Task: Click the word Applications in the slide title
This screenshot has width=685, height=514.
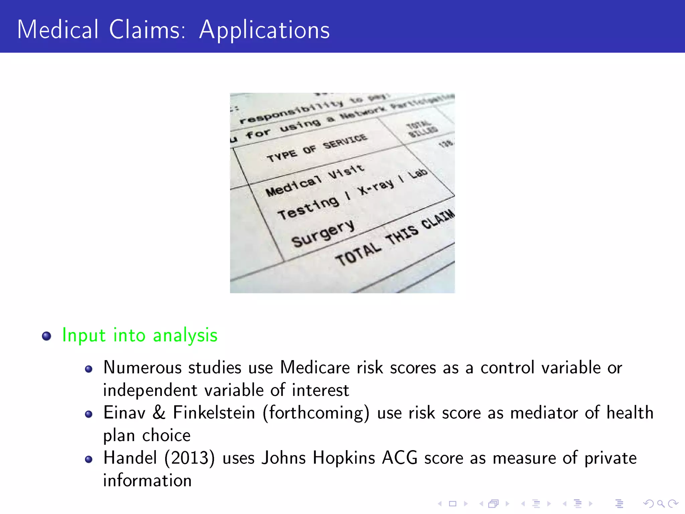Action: click(264, 30)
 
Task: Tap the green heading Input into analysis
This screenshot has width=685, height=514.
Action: click(140, 335)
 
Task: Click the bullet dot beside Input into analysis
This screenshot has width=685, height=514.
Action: click(46, 336)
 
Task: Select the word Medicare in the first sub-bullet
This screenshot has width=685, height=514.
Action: click(315, 367)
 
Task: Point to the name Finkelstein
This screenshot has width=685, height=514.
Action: click(214, 413)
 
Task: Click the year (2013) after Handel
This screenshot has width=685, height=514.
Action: click(189, 458)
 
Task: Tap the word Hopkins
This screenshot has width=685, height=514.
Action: click(344, 458)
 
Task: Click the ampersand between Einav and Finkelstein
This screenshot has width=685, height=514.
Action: click(159, 413)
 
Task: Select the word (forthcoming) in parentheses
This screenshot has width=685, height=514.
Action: click(316, 413)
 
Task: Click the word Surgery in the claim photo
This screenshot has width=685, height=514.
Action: click(323, 234)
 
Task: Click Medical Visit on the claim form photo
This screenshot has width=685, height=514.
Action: click(315, 181)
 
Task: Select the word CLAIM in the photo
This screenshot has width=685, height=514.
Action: click(438, 219)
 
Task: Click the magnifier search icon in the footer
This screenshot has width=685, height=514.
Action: click(661, 503)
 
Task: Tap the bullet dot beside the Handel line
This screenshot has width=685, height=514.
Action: click(89, 459)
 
